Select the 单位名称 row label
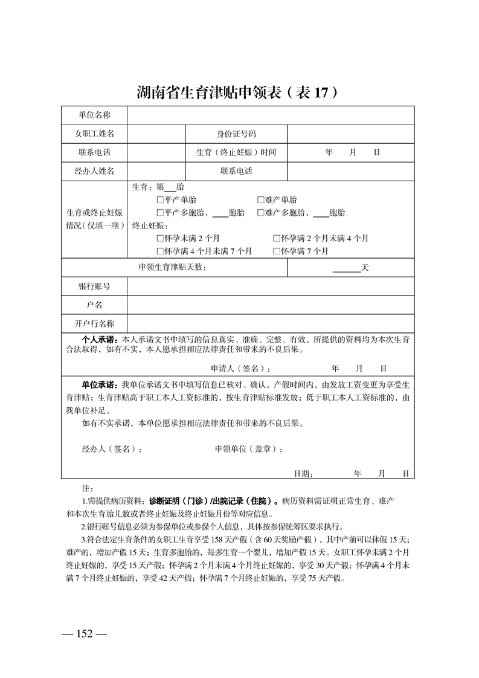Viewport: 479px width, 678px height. coord(94,115)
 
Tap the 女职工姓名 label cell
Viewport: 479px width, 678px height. coord(94,134)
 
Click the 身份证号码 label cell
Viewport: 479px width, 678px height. coord(236,134)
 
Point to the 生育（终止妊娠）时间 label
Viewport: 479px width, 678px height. coord(236,152)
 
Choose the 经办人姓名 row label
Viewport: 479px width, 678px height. coord(94,171)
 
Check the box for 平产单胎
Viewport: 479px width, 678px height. coord(159,200)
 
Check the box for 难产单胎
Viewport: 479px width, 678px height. coord(260,200)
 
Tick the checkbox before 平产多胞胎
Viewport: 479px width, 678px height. coord(159,213)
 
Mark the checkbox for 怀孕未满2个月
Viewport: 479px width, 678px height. coord(159,238)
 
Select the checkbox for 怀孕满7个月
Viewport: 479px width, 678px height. coord(276,251)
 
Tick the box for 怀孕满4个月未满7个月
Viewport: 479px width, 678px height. coord(159,251)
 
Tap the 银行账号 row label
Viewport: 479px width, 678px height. coord(94,286)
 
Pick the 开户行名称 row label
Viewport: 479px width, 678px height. coord(94,324)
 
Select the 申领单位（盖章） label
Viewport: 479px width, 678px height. coord(249,450)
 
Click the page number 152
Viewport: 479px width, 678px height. coord(84,634)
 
